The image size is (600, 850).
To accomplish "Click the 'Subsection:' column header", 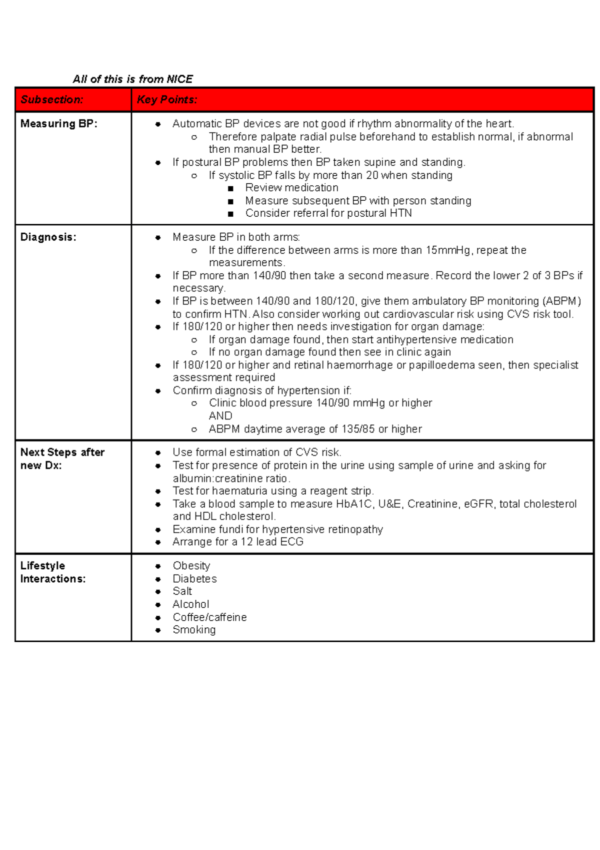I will (52, 100).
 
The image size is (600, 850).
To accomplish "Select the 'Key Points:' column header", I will (167, 100).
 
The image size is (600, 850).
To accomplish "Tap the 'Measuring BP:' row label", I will (58, 124).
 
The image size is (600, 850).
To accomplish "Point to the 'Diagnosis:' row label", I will (48, 237).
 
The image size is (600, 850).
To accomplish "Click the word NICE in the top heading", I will (179, 79).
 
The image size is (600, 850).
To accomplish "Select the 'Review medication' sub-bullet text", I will (291, 188).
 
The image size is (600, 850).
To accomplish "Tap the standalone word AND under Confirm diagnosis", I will (220, 416).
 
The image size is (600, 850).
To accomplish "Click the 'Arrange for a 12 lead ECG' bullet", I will (237, 542).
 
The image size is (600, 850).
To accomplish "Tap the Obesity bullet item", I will (191, 566).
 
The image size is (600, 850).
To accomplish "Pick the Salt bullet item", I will (182, 591).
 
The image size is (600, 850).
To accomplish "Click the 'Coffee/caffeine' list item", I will (209, 617).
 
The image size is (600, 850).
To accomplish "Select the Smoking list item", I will (194, 630).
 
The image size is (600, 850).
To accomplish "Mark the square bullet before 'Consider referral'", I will (230, 214).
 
